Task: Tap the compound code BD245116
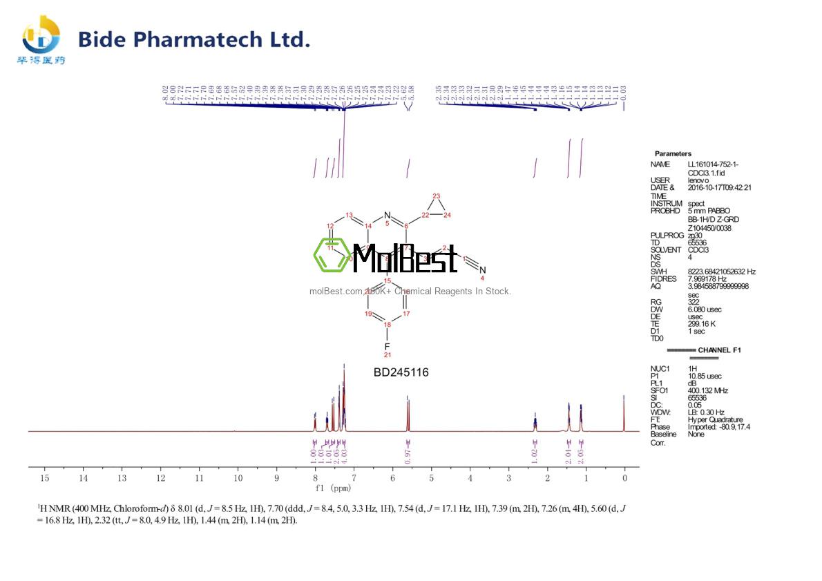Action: (x=401, y=372)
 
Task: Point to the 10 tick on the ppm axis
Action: (x=238, y=478)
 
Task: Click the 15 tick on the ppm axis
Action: (x=44, y=478)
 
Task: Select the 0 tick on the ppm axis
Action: (x=624, y=478)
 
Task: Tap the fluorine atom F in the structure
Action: (x=387, y=345)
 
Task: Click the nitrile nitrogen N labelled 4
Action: (x=483, y=269)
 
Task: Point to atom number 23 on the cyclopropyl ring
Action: (x=436, y=196)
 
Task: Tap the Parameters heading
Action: (x=672, y=153)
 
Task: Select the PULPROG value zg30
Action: (x=696, y=235)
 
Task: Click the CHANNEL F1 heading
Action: (x=719, y=350)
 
